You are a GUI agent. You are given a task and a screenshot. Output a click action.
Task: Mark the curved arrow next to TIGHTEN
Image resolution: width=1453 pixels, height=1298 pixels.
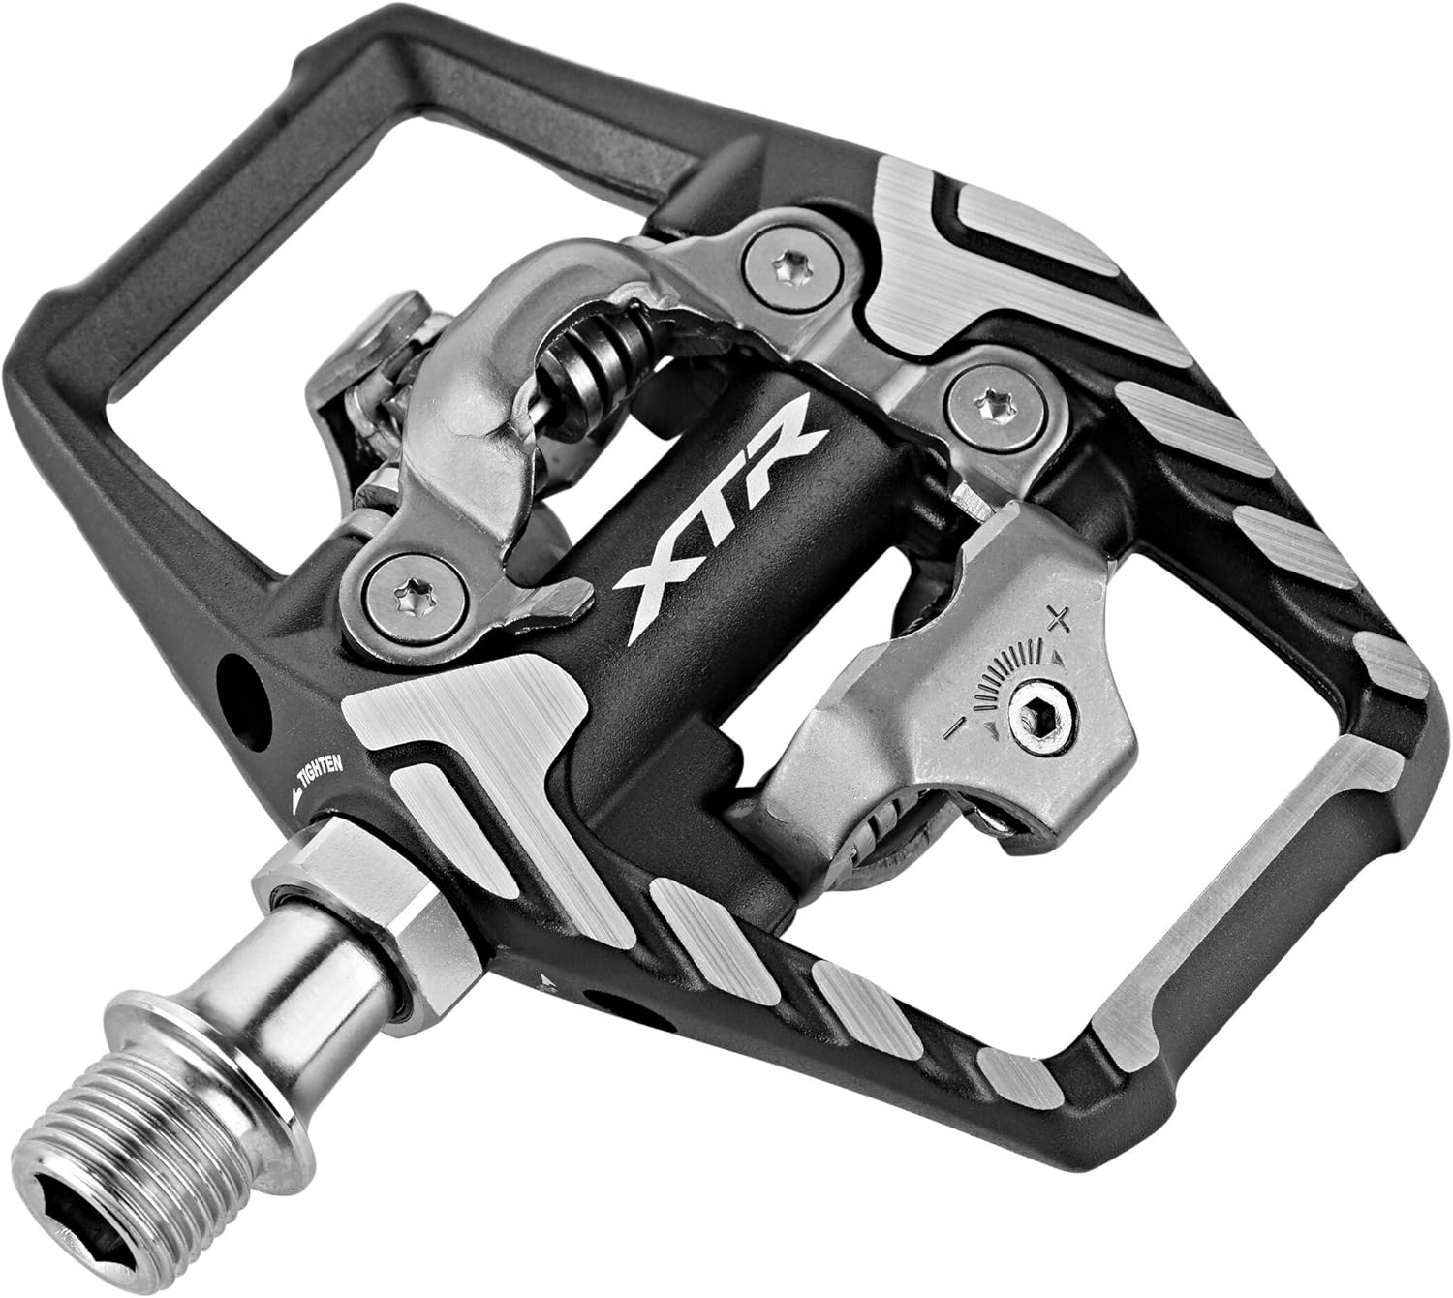point(293,792)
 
